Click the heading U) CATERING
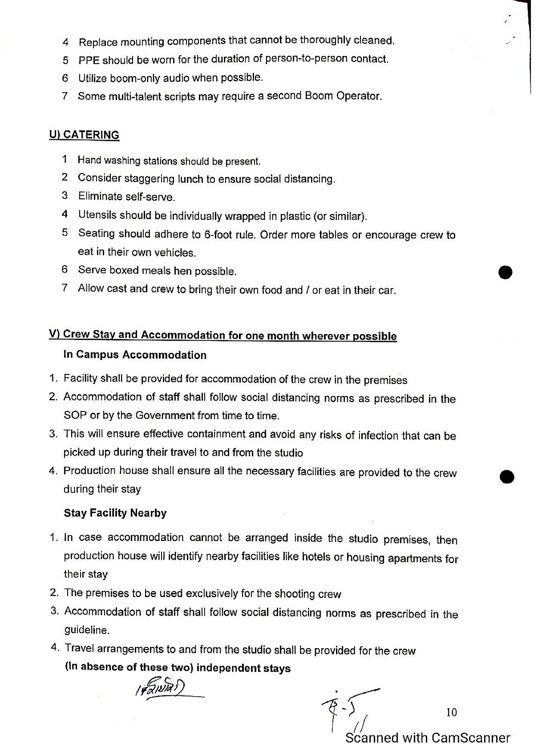coord(84,135)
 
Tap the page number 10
coord(451,712)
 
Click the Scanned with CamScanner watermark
coord(428,738)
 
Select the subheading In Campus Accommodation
coord(135,355)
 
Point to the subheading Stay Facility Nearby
coord(115,513)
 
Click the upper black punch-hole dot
coord(506,271)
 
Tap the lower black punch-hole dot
coord(507,476)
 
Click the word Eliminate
coord(100,196)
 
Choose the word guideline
coord(86,630)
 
